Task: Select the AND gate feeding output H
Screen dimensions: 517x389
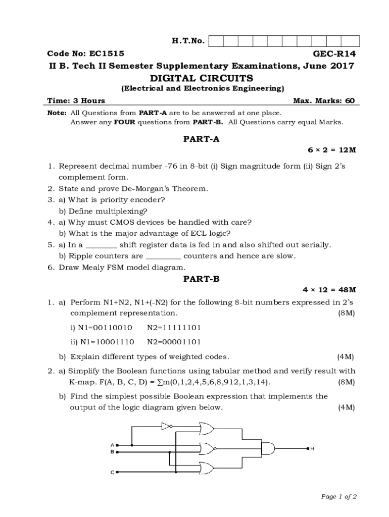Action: coord(268,448)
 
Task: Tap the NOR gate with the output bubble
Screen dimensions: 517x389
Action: coord(207,448)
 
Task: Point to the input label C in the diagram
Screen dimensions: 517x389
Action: coord(112,472)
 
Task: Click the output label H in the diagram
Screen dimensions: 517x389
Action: coord(313,448)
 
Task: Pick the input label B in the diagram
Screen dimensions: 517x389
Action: coord(112,451)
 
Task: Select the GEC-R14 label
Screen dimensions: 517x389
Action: coord(334,54)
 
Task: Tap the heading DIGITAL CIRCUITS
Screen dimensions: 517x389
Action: coord(202,78)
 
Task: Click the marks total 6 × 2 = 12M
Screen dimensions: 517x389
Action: coord(332,150)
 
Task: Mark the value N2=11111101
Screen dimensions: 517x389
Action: coord(174,328)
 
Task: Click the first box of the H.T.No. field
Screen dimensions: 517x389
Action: coord(216,41)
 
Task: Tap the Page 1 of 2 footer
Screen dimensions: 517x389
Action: coord(339,497)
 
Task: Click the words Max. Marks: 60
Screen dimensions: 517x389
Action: coord(324,100)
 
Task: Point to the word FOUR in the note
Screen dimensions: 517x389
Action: coord(124,122)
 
